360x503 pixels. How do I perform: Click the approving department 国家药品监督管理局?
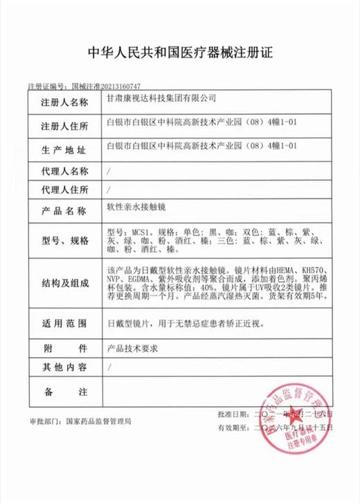[x=97, y=420]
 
